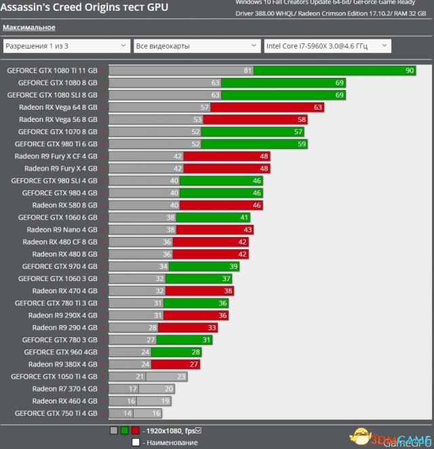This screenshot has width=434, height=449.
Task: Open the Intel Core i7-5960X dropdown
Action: [x=327, y=46]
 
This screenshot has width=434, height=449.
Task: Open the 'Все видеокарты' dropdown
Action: [x=196, y=46]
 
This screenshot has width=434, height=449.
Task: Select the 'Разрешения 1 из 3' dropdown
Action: [x=66, y=46]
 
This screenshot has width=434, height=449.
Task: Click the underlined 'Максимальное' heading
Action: [x=29, y=28]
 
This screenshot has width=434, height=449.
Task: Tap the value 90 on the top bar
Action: [x=409, y=70]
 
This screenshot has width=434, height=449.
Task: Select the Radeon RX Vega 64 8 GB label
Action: [x=58, y=107]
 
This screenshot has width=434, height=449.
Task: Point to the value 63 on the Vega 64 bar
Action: [x=318, y=107]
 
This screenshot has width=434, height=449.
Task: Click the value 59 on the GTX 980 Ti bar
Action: [x=302, y=144]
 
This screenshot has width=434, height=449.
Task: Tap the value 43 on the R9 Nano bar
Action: [x=248, y=230]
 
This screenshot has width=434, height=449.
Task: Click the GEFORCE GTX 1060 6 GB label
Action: [x=58, y=217]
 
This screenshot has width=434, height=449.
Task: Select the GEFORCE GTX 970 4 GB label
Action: [x=60, y=266]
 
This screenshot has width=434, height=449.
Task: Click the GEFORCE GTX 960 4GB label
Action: [x=60, y=352]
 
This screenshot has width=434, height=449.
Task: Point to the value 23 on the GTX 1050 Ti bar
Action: [x=181, y=377]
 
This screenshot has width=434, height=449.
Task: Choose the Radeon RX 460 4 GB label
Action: [x=64, y=401]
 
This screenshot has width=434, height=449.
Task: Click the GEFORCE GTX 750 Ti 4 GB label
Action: [x=56, y=413]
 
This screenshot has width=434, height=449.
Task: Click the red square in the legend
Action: [x=136, y=430]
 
